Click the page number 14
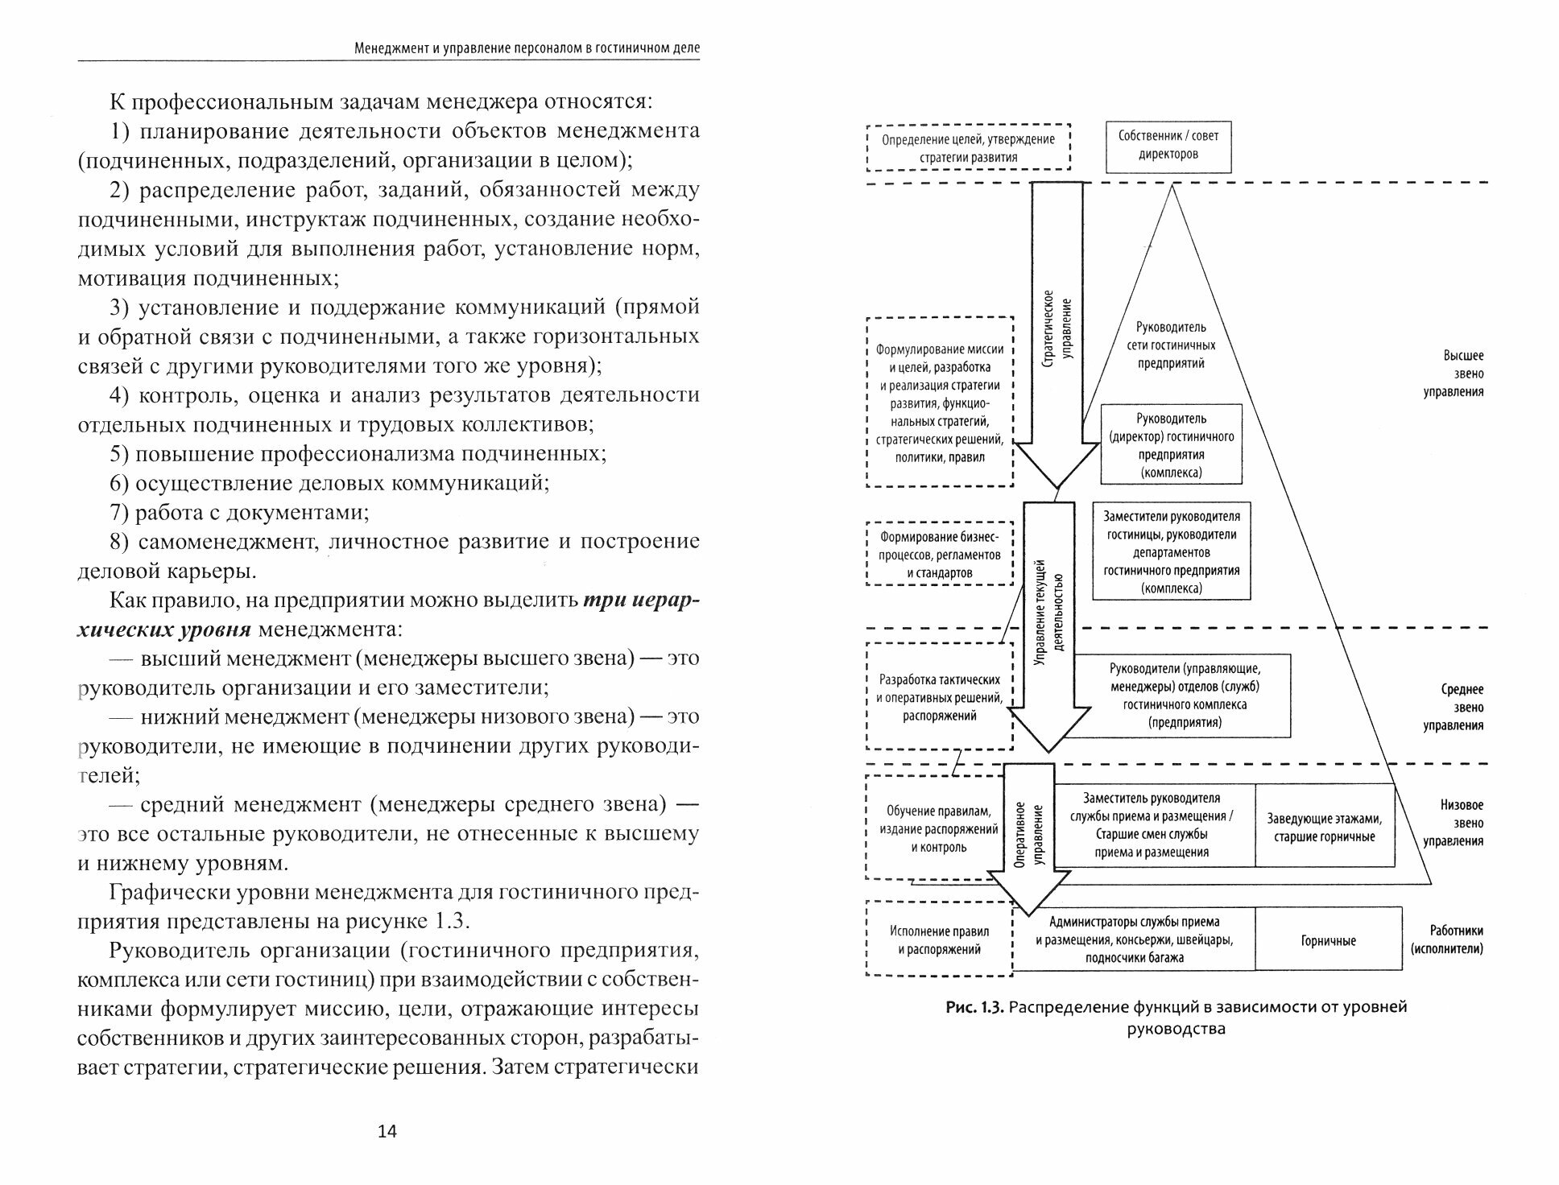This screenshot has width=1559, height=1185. click(x=387, y=1131)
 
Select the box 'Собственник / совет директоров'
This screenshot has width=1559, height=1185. click(x=1168, y=147)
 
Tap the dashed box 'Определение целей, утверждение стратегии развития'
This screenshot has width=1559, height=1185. click(x=968, y=147)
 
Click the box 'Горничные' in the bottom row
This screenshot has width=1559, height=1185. click(x=1328, y=940)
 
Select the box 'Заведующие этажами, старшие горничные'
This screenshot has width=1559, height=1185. click(x=1324, y=827)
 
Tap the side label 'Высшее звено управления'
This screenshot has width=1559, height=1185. click(x=1462, y=374)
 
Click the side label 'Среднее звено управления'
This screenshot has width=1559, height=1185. click(x=1462, y=707)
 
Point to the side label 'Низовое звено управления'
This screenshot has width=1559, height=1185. click(x=1462, y=823)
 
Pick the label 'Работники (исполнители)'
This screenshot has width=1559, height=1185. click(x=1446, y=939)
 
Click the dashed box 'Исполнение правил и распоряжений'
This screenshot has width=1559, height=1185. click(x=939, y=939)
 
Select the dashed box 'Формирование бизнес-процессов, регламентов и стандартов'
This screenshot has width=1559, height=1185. click(x=939, y=555)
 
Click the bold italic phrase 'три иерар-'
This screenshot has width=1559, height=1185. click(x=641, y=601)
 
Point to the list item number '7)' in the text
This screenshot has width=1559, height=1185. click(x=120, y=512)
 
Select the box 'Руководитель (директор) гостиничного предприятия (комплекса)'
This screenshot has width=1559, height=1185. click(x=1171, y=445)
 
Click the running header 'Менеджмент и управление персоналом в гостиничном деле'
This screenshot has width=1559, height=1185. click(x=527, y=48)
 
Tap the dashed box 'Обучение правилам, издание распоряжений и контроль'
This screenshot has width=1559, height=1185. click(x=939, y=828)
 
